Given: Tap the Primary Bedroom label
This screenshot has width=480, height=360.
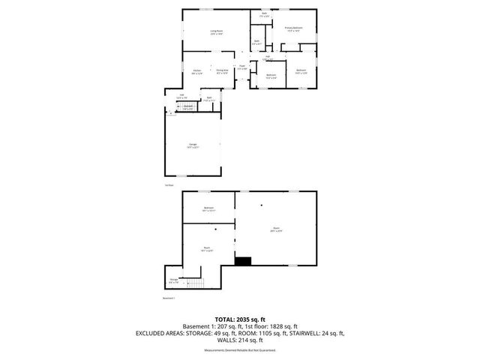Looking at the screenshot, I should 293,28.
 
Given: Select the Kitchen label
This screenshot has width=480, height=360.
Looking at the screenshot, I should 196,72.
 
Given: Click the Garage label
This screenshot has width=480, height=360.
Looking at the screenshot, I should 193,145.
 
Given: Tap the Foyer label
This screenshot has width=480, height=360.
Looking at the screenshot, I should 242,67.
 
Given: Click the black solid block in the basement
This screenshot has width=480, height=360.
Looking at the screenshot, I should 244,262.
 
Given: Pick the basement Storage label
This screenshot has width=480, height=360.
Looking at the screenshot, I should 174,281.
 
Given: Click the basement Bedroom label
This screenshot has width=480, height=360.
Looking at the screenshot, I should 208,208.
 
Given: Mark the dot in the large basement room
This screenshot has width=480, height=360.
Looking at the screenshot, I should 262,205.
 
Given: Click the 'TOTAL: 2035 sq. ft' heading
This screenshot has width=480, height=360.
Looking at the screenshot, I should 240,318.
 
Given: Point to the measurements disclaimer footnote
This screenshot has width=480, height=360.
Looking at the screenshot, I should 240,350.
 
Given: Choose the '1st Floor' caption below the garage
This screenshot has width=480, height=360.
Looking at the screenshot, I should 169,185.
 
